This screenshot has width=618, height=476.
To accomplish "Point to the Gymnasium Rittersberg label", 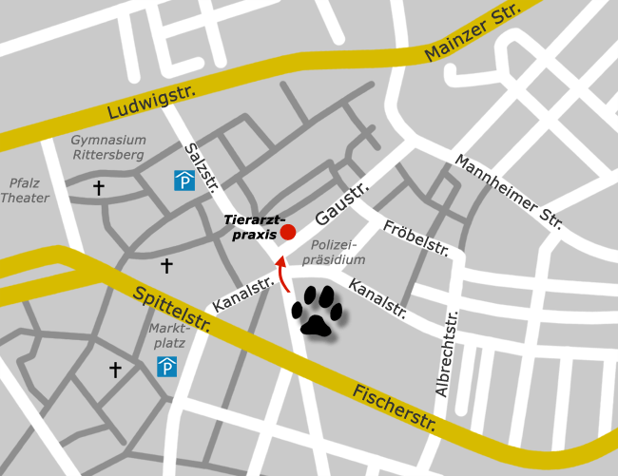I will pyautogui.click(x=108, y=147).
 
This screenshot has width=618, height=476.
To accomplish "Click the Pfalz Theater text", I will pyautogui.click(x=25, y=190).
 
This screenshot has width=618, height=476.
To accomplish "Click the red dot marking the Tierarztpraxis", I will pyautogui.click(x=288, y=232).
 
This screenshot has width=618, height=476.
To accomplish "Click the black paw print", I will pyautogui.click(x=316, y=310).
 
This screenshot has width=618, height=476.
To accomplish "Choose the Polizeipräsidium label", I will pyautogui.click(x=338, y=252).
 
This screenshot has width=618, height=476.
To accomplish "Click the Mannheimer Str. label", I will pyautogui.click(x=509, y=192).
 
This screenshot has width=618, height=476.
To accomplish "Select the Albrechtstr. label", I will pyautogui.click(x=446, y=353).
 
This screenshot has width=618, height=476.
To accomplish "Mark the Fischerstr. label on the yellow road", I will pyautogui.click(x=394, y=408).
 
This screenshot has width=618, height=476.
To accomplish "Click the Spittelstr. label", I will pyautogui.click(x=172, y=314).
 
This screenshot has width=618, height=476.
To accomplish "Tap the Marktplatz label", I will pyautogui.click(x=168, y=335).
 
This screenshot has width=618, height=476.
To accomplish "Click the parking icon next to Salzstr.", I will pyautogui.click(x=183, y=180).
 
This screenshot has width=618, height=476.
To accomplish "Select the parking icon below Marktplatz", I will pyautogui.click(x=167, y=367).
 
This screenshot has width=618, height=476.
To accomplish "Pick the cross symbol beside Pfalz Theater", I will pyautogui.click(x=98, y=188).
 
